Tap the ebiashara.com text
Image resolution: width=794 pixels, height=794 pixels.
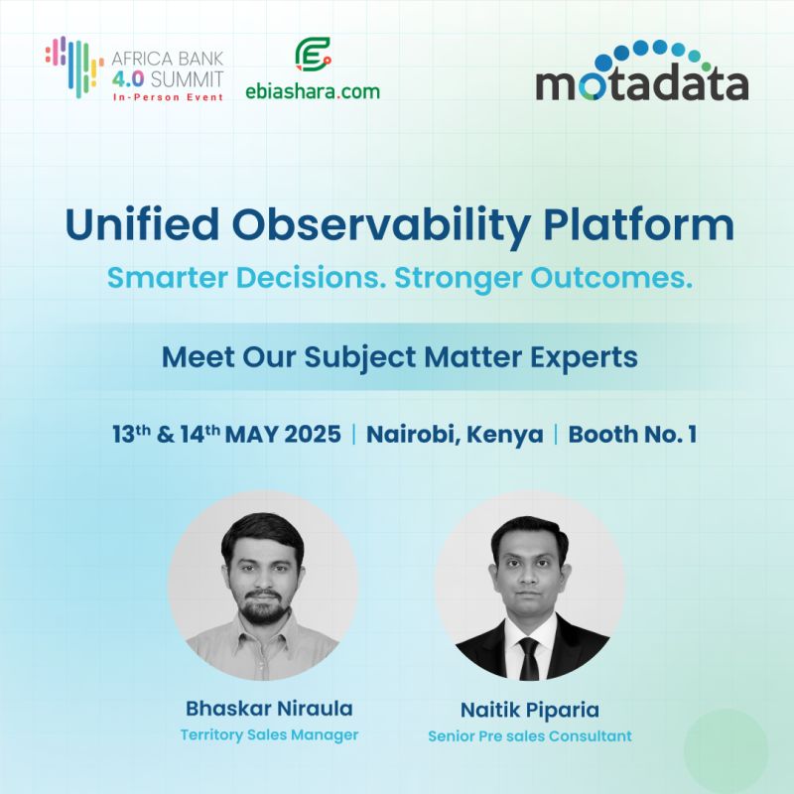coord(313,91)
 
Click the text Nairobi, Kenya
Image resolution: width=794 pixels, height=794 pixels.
coord(455,435)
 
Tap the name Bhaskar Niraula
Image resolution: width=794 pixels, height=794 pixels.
coord(269,709)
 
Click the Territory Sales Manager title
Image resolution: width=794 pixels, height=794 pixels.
coord(269,735)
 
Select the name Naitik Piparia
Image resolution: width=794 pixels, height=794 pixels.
coord(529,711)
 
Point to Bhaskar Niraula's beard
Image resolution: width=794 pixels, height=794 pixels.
coord(264,606)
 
